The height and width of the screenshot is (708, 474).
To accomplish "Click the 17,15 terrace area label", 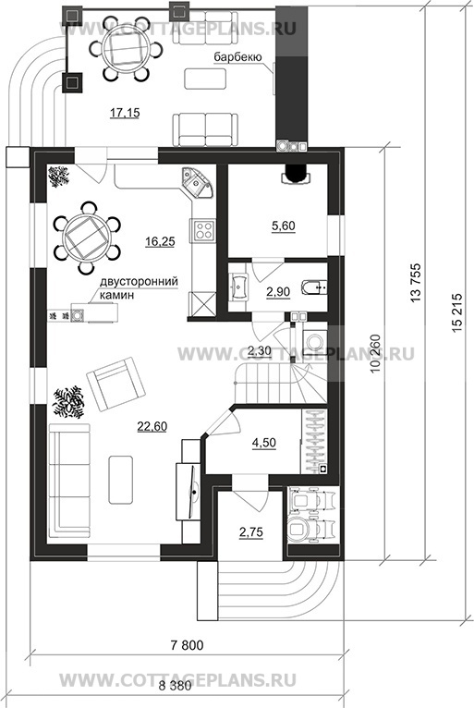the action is click(125, 113).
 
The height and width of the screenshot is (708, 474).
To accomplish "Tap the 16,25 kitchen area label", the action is click(160, 241).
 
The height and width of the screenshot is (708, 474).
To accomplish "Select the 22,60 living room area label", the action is click(152, 426).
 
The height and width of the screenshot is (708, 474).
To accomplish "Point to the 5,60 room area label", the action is click(284, 226).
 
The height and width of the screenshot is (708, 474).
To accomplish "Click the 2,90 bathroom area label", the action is click(278, 292).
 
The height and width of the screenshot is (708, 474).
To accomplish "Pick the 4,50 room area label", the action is click(264, 443).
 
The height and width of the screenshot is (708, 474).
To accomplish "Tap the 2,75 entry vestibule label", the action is click(251, 532).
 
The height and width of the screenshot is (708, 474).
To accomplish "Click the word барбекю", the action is click(237, 57).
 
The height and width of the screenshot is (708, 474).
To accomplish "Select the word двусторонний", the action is click(139, 282).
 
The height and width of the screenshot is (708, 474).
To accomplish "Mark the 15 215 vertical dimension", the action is click(456, 315).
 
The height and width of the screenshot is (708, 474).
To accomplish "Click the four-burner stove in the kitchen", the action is click(202, 230).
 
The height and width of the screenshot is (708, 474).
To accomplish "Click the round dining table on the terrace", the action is click(124, 49).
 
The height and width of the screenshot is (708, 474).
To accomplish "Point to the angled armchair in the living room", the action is click(116, 384).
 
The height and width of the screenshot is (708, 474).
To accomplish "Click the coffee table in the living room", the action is click(120, 480).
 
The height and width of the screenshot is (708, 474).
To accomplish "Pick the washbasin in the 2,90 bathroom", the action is click(238, 286).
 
